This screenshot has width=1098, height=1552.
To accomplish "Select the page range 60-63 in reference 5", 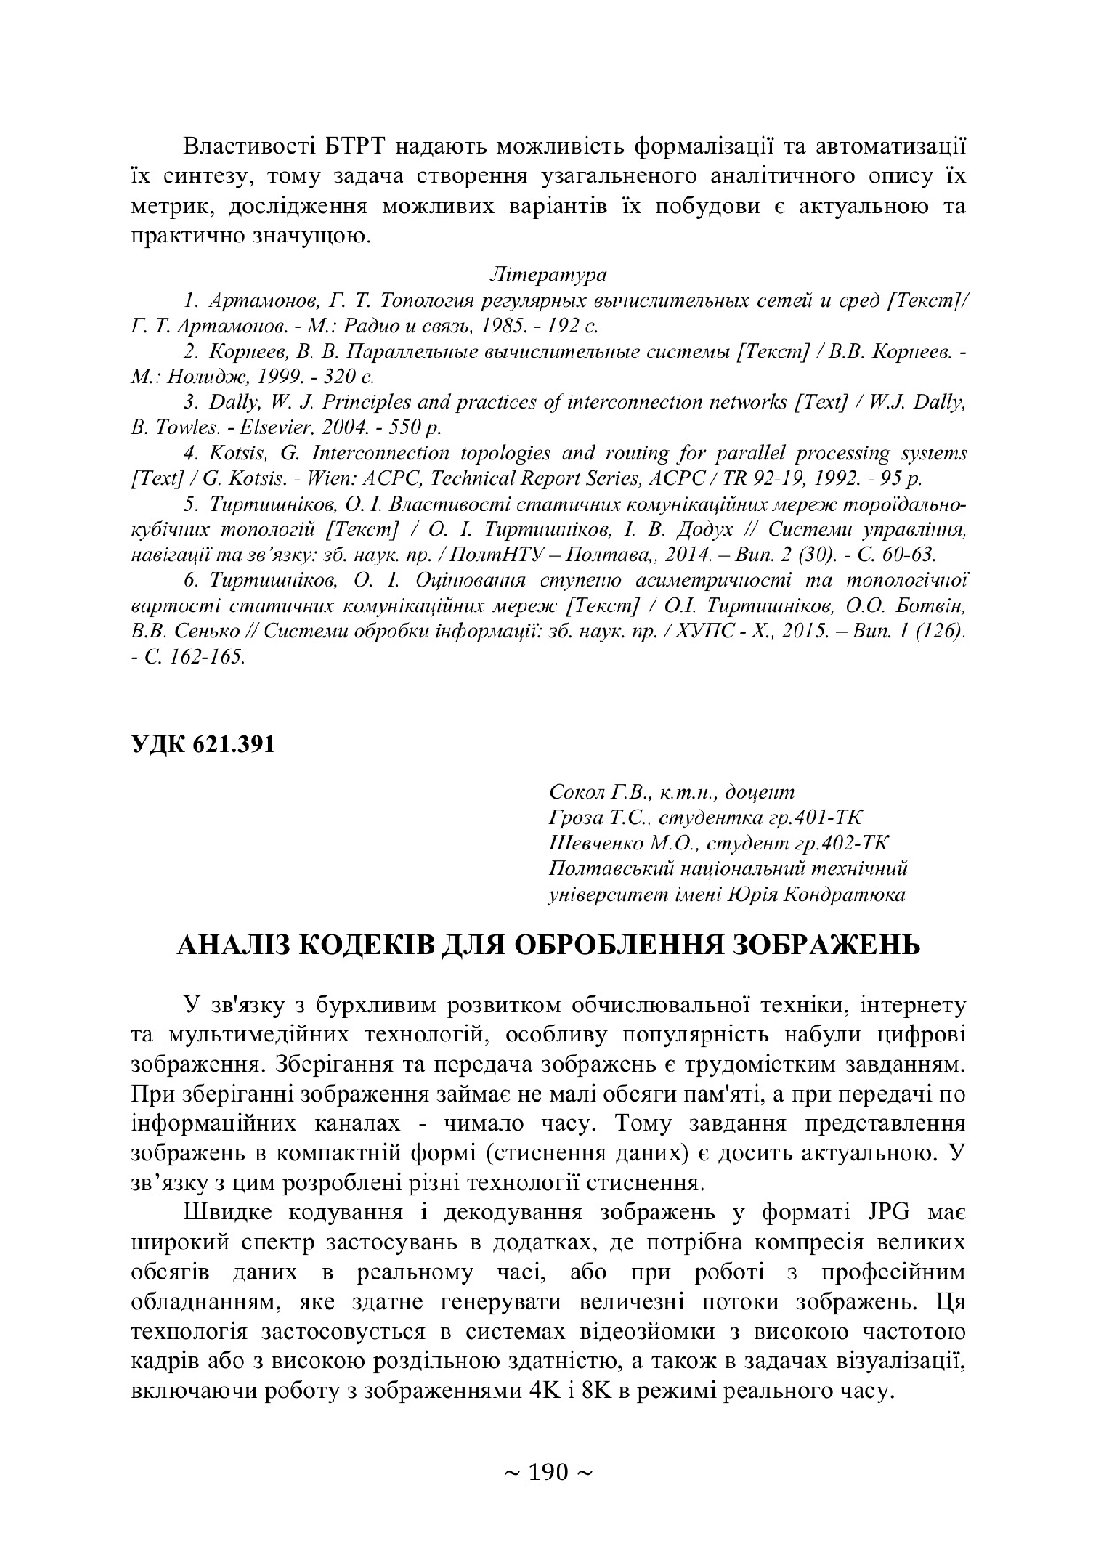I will point(912,556).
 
